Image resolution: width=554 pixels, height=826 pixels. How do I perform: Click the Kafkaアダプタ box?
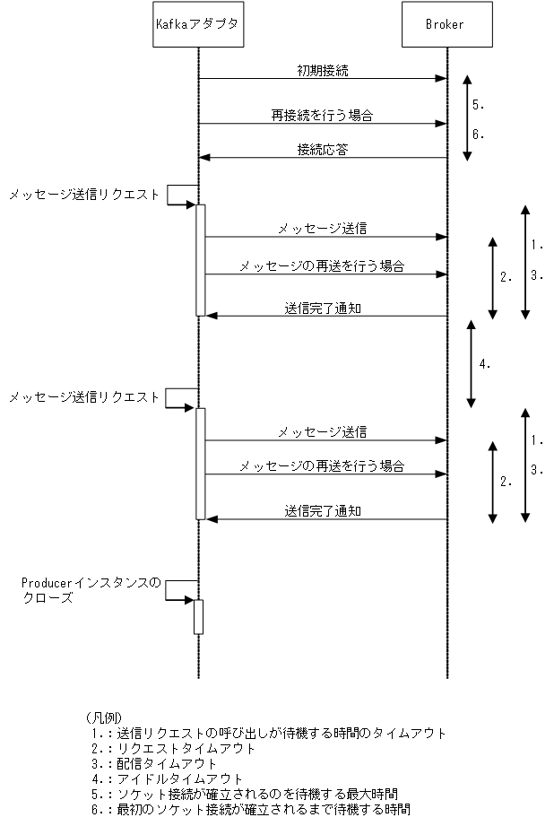coord(197,25)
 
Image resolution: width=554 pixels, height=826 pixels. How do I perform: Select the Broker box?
coord(446,25)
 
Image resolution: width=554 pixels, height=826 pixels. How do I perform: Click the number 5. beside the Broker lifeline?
coord(479,105)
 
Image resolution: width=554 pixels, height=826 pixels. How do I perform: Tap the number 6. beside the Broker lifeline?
coord(479,135)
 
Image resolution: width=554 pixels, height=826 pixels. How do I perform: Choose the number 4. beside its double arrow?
coord(485,364)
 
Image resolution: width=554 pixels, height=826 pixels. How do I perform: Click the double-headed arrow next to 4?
coord(468,362)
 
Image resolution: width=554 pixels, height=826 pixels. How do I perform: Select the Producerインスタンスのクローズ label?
coord(90,589)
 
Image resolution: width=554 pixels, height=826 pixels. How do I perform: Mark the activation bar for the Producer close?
coord(198,616)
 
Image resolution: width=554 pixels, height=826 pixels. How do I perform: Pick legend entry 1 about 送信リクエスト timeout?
coord(268,733)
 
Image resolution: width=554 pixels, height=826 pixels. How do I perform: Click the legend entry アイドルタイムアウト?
coord(166,778)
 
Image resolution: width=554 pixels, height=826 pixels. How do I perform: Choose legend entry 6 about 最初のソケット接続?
coord(250,809)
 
